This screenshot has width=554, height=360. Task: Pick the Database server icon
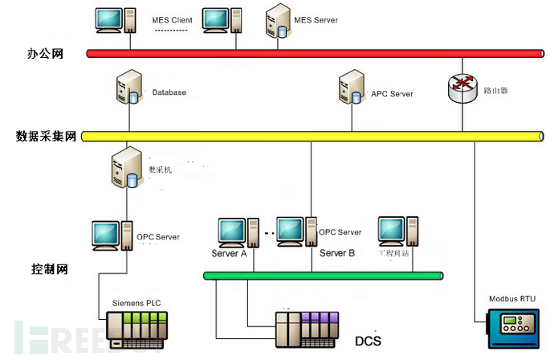click(x=128, y=89)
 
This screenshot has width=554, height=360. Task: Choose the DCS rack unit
click(x=309, y=330)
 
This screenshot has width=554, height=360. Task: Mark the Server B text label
click(x=337, y=253)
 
